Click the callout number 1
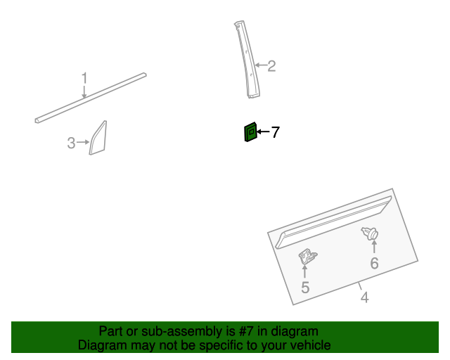pyautogui.click(x=84, y=78)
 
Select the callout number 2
pyautogui.click(x=271, y=66)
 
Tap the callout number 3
pyautogui.click(x=71, y=143)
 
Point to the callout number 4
pyautogui.click(x=364, y=297)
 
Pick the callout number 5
pyautogui.click(x=305, y=288)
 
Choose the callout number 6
pyautogui.click(x=374, y=263)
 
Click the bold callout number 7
pyautogui.click(x=275, y=132)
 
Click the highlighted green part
pyautogui.click(x=250, y=132)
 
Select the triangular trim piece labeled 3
pyautogui.click(x=98, y=139)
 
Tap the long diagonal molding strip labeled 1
pyautogui.click(x=91, y=98)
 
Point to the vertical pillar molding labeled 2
pyautogui.click(x=247, y=60)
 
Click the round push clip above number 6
pyautogui.click(x=370, y=233)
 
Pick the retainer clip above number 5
pyautogui.click(x=308, y=257)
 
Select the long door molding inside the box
pyautogui.click(x=333, y=221)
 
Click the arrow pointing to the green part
pyautogui.click(x=263, y=131)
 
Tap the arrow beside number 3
pyautogui.click(x=83, y=142)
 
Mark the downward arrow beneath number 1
pyautogui.click(x=84, y=91)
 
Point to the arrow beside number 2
pyautogui.click(x=261, y=65)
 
